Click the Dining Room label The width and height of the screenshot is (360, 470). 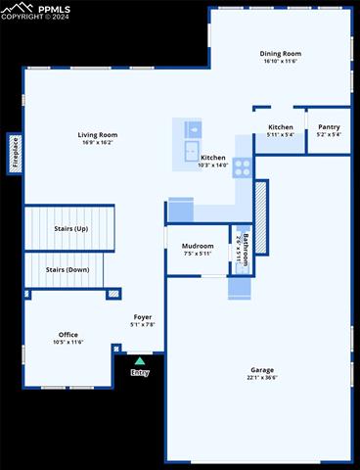coord(280,54)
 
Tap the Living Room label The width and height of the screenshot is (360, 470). coord(98,135)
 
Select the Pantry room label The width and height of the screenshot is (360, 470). coord(329,126)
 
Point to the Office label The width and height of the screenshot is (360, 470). coord(67,335)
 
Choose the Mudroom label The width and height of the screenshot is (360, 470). coord(198,245)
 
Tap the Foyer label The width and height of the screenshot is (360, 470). coord(143,317)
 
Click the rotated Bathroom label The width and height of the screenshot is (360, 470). coord(246,249)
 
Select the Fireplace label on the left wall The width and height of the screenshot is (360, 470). coord(16,153)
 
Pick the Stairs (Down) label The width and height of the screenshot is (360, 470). coord(67,269)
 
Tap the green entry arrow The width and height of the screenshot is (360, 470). coord(140,361)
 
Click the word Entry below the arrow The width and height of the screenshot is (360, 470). coord(140,372)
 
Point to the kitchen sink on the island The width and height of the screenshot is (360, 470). coord(193,128)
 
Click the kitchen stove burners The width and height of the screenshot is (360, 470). coord(242,166)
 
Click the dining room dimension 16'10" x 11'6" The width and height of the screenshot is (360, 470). coord(280,62)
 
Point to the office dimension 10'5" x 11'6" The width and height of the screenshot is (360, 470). coord(67,343)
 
